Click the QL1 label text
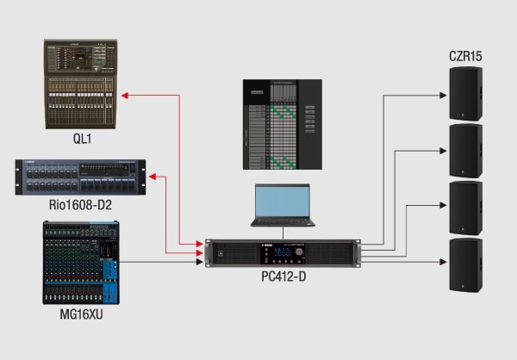[x=82, y=137]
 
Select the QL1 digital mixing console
[x=82, y=87]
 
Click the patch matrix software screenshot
[x=282, y=123]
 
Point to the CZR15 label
[x=465, y=57]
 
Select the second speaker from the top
[x=465, y=151]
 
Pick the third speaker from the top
[x=465, y=208]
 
